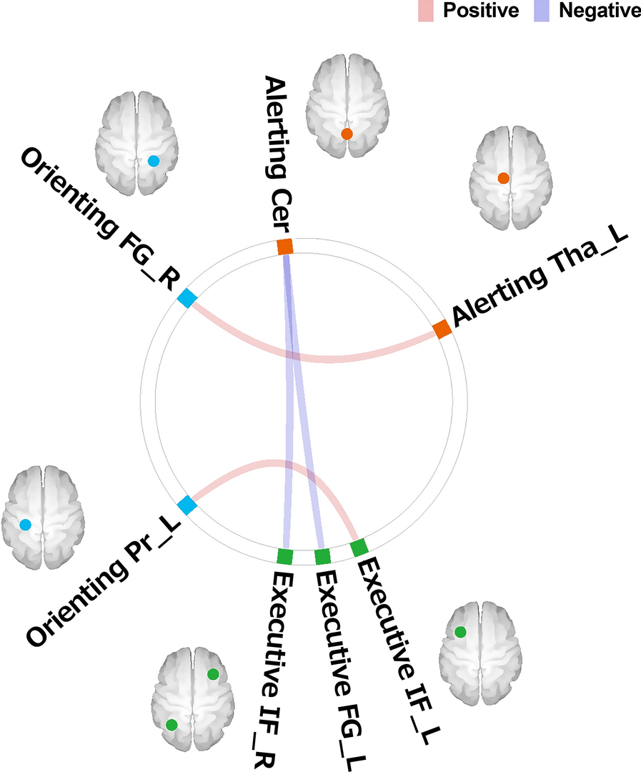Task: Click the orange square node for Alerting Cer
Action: click(285, 247)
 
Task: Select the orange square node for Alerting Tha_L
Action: click(442, 330)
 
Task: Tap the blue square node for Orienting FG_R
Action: click(187, 298)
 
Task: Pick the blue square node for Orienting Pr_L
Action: click(187, 505)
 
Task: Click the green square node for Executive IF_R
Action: click(284, 555)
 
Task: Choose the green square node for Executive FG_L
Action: click(323, 556)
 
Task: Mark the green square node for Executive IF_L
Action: click(359, 548)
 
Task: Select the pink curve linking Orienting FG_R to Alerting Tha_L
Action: click(314, 358)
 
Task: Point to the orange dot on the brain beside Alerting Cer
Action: click(347, 134)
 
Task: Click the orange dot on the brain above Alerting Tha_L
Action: click(503, 178)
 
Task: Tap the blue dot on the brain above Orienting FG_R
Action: click(153, 162)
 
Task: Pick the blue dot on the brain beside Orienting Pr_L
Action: click(25, 525)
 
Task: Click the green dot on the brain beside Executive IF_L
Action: click(460, 632)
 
